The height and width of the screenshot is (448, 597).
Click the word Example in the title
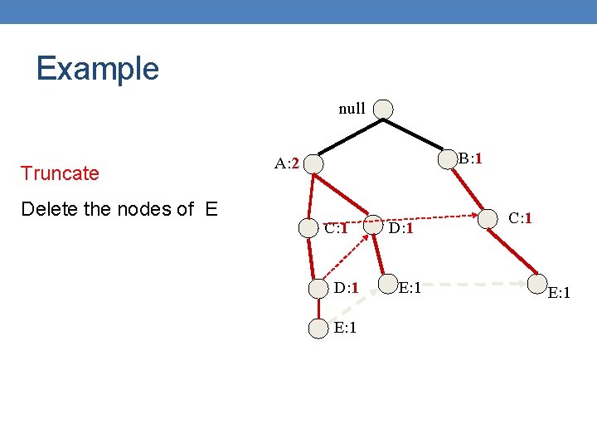[97, 68]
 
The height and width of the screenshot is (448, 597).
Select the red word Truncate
[60, 173]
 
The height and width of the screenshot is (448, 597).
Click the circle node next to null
[383, 110]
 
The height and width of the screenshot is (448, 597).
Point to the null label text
[352, 109]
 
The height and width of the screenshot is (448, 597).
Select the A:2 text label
[287, 163]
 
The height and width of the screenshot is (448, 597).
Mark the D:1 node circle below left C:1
[319, 289]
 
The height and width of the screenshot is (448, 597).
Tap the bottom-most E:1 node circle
[318, 329]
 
